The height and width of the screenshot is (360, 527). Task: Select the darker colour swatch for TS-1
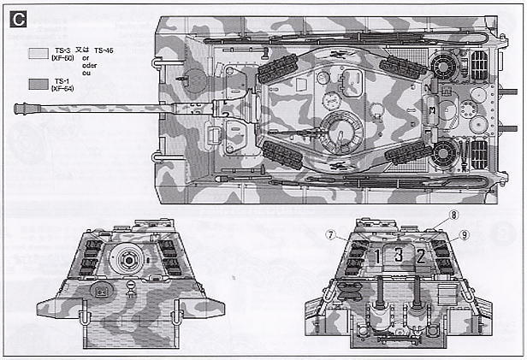tap(37, 84)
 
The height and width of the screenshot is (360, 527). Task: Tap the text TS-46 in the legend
tap(105, 51)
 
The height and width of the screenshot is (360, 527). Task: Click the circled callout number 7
tap(329, 235)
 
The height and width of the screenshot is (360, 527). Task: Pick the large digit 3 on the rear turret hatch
tap(398, 254)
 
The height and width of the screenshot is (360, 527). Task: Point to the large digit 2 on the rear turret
tap(420, 255)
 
